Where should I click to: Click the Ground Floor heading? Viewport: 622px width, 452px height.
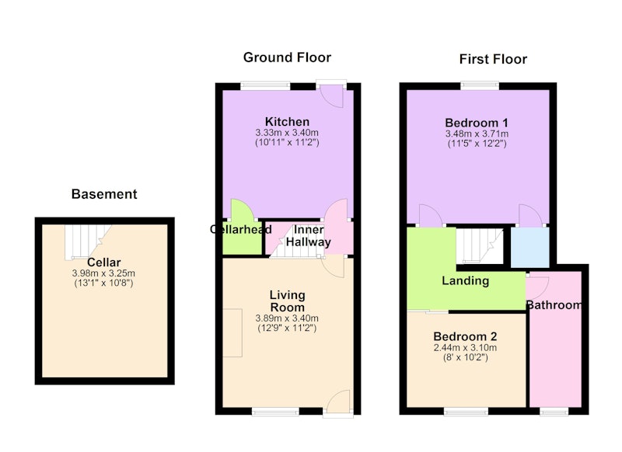point(287,57)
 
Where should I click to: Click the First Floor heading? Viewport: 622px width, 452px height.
point(493,60)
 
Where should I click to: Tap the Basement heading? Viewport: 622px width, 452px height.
point(104,194)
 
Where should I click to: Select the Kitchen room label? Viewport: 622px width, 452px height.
point(287,122)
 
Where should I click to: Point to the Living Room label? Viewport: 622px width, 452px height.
point(287,301)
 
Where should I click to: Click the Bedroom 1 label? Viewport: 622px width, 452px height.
point(477,123)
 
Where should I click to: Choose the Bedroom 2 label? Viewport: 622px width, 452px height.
point(465,337)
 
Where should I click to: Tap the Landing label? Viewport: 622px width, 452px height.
point(465,281)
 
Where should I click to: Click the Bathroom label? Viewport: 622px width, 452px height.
point(554,305)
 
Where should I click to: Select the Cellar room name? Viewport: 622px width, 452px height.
point(104,263)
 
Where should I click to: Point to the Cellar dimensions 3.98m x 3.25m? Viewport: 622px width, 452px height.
point(103,273)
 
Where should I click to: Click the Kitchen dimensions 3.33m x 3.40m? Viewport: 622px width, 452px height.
point(287,133)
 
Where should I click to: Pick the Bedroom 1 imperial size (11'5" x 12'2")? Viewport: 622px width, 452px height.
point(477,144)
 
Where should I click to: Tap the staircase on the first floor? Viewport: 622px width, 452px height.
point(479,245)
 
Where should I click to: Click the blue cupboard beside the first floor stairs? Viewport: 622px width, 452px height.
point(530,247)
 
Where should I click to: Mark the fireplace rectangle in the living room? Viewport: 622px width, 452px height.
point(232,332)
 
